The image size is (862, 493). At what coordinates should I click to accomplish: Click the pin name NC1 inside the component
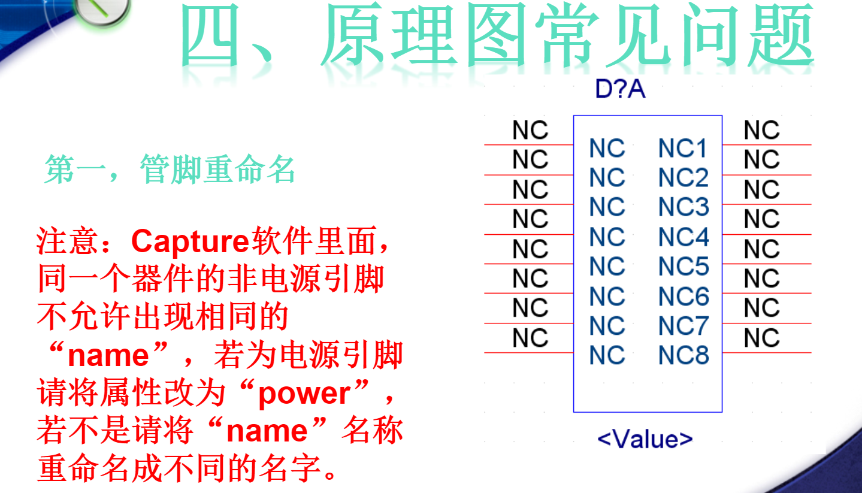[683, 148]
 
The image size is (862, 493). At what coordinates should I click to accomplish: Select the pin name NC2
[683, 178]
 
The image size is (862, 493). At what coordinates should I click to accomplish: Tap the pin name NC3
[683, 207]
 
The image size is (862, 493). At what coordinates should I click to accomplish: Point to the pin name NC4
[683, 237]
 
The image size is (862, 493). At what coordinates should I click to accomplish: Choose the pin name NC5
[683, 267]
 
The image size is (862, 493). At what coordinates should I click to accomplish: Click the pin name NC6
[683, 297]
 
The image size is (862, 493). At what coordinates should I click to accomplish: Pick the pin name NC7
[683, 326]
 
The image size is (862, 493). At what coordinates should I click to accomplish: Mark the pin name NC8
[683, 355]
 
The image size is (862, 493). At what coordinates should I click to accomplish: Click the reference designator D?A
[620, 90]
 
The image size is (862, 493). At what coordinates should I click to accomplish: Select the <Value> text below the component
[645, 439]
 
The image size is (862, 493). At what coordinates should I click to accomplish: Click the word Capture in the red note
[190, 241]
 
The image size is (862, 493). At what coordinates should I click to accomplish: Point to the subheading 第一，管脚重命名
[170, 170]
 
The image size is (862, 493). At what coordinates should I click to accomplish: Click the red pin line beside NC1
[767, 145]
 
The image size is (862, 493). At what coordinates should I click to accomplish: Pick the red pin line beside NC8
[767, 353]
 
